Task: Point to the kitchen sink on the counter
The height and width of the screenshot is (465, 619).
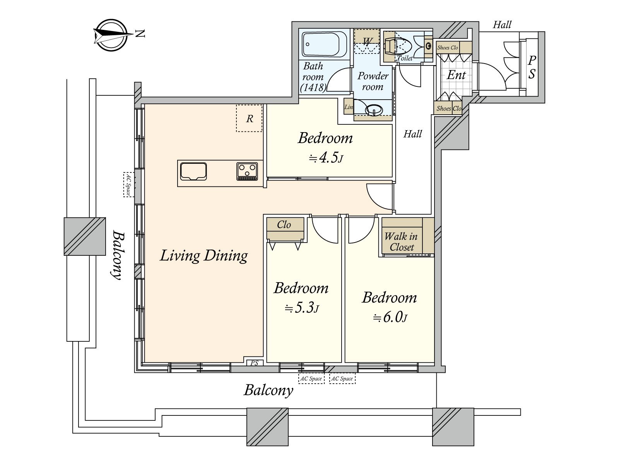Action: (193, 171)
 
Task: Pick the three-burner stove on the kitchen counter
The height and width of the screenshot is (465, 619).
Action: (247, 171)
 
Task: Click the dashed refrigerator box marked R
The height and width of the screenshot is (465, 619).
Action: (249, 118)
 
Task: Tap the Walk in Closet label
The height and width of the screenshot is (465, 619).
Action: (401, 242)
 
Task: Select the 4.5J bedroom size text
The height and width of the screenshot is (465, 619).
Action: (326, 158)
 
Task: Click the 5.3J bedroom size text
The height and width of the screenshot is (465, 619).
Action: (302, 308)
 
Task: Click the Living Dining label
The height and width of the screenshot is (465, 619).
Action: (203, 256)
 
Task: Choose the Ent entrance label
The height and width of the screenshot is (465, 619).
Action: (456, 75)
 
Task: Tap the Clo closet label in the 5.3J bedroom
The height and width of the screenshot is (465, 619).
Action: (284, 225)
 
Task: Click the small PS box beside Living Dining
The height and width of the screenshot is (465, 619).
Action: (254, 363)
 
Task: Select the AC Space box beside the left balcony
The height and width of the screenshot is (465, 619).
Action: (128, 184)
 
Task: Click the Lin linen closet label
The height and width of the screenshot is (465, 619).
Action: (349, 107)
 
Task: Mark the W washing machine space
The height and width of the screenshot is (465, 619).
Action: (367, 41)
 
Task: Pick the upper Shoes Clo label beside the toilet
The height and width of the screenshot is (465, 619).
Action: (448, 48)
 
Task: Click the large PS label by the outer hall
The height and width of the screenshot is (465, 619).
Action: (532, 67)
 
